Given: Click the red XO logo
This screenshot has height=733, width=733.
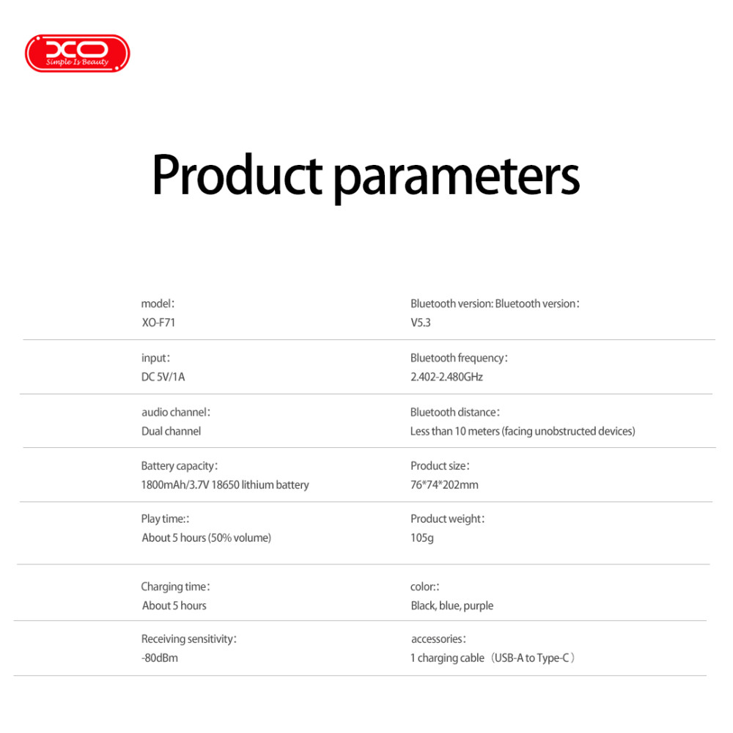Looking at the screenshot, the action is (x=77, y=54).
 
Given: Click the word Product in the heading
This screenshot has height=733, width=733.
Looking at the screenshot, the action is (x=237, y=174).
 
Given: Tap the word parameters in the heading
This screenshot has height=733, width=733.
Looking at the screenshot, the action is (x=457, y=179).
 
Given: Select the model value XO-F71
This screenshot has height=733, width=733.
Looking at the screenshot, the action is (x=158, y=323).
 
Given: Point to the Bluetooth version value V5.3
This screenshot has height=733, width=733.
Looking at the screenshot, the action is (x=420, y=323).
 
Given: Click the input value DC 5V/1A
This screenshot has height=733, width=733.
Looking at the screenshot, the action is (x=163, y=377).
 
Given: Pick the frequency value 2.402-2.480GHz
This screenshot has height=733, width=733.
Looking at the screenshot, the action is (x=446, y=377).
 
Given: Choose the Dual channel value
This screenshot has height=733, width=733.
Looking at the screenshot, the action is (x=171, y=431).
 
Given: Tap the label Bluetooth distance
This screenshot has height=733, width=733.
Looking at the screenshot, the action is (x=455, y=412).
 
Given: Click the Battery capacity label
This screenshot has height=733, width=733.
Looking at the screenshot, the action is (x=179, y=466).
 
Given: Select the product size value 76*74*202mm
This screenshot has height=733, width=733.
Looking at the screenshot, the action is (x=444, y=485).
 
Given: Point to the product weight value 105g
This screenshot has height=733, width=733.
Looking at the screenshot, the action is (x=421, y=538).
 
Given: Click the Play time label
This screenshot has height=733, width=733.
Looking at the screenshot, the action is (x=165, y=519).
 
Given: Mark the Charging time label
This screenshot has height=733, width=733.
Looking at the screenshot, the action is (x=175, y=586).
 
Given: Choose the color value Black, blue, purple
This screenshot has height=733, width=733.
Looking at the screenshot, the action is (x=452, y=606).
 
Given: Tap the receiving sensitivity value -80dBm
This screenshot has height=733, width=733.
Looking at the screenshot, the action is (x=159, y=658).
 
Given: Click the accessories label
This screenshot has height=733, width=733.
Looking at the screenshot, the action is (x=438, y=639).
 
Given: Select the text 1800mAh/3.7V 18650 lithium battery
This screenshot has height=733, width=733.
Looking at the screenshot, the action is (x=225, y=485).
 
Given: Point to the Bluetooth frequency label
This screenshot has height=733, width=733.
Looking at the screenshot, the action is (x=459, y=358).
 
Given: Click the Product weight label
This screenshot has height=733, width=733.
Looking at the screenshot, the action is (x=447, y=519).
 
